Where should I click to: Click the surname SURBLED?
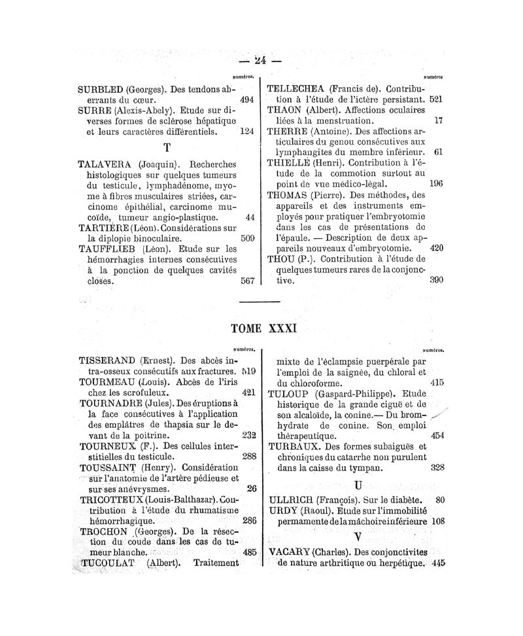click(100, 89)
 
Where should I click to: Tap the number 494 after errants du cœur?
click(246, 100)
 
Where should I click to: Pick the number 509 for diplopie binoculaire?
click(246, 239)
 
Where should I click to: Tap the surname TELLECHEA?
click(297, 88)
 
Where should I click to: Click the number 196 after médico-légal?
click(437, 184)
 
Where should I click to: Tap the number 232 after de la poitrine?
click(248, 434)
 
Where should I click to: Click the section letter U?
click(358, 485)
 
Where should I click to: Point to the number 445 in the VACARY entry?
click(438, 563)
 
